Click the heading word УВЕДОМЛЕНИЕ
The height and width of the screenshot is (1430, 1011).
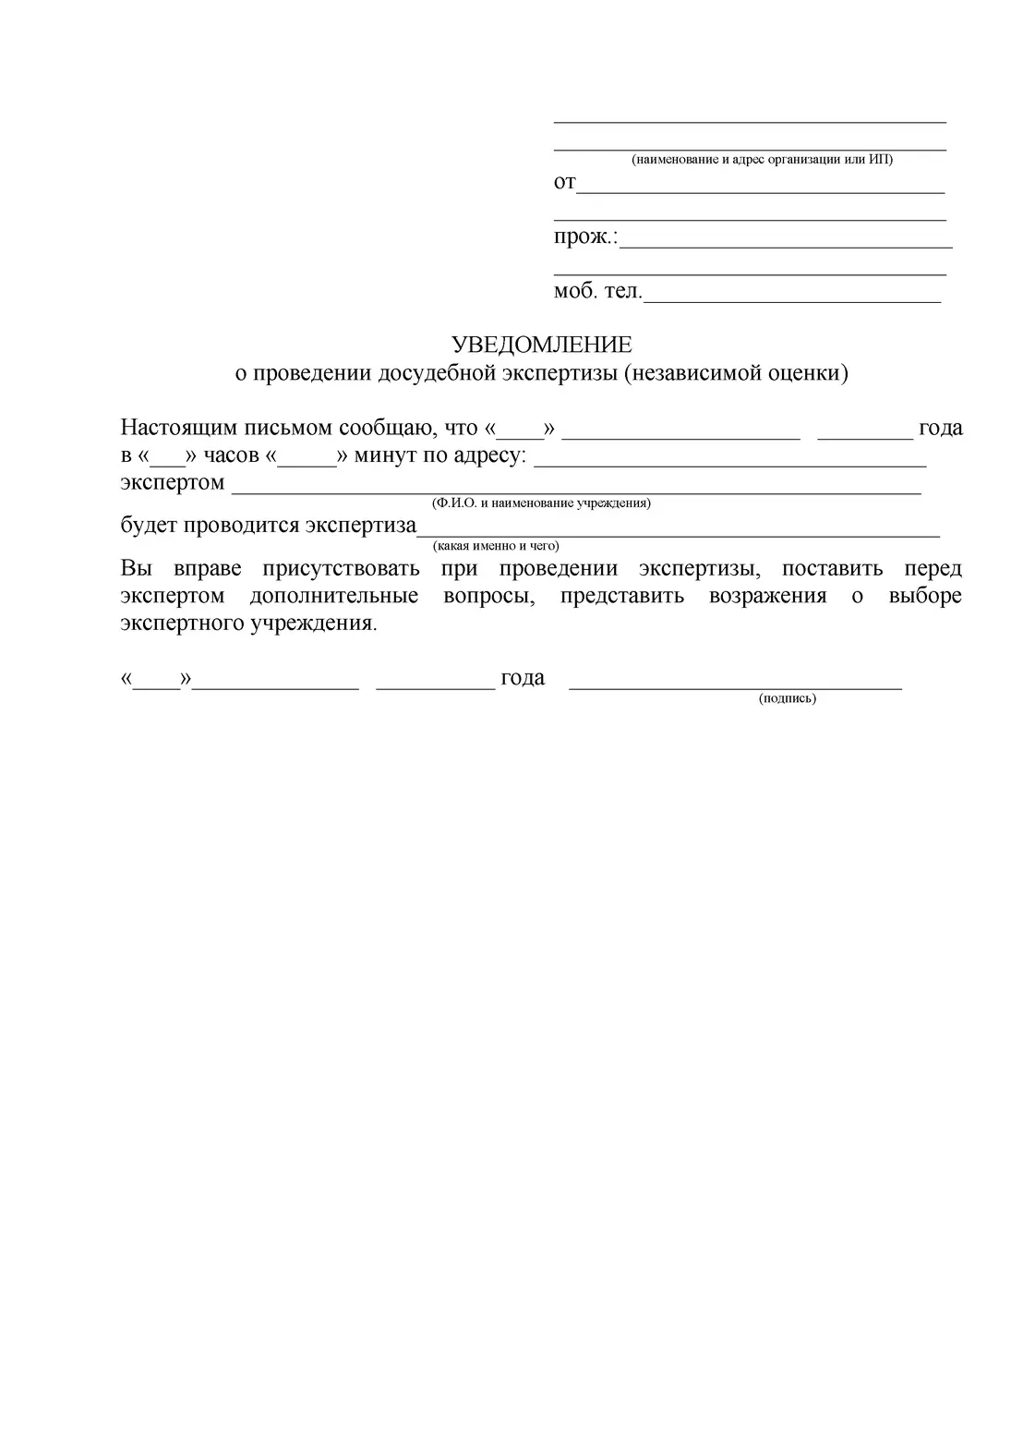click(x=541, y=345)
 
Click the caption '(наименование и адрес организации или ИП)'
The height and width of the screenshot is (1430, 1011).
click(x=762, y=160)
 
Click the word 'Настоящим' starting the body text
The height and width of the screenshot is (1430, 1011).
click(x=176, y=428)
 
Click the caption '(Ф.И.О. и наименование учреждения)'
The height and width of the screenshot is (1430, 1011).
click(x=541, y=503)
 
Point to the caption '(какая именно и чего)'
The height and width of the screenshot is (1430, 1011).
click(x=496, y=546)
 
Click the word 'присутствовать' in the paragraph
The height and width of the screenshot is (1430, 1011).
click(x=341, y=568)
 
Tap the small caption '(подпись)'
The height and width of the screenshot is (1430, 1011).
click(x=788, y=698)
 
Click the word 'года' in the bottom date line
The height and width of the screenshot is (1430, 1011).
click(x=523, y=678)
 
